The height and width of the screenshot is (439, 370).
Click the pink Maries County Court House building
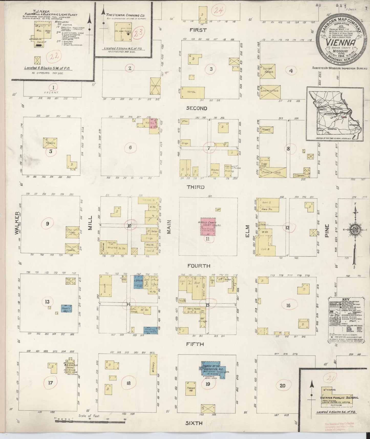tap(208, 227)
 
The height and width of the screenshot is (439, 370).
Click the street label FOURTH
tap(199, 266)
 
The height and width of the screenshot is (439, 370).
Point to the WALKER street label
tap(17, 223)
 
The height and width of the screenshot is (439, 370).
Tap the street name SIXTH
tap(194, 423)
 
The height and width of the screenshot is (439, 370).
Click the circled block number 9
tap(47, 224)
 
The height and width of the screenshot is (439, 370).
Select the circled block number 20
tap(282, 386)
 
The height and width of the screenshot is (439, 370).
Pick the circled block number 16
tap(288, 305)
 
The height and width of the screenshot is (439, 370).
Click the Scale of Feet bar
tap(90, 421)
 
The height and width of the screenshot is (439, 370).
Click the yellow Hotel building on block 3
tap(193, 92)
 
